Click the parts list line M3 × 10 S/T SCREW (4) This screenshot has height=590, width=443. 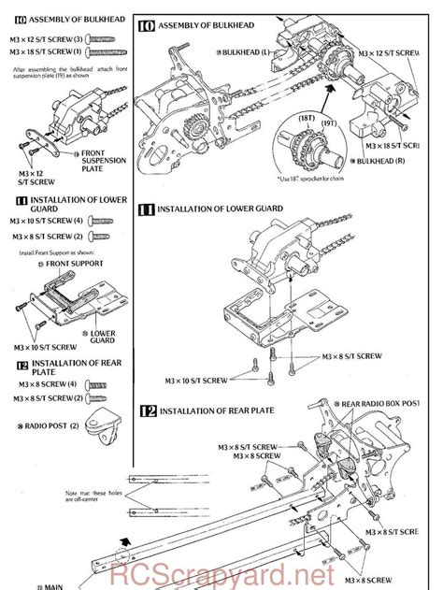pos(47,220)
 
